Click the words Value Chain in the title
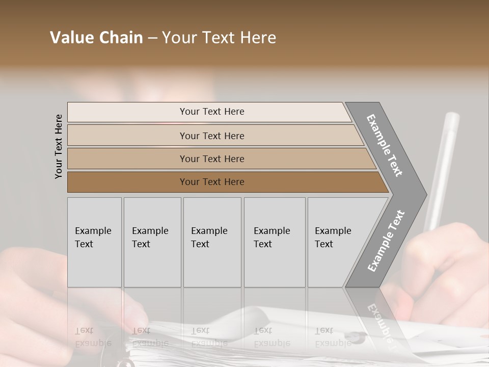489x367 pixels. pos(96,38)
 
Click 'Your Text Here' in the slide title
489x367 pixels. pos(219,38)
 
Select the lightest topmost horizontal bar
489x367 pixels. pos(127,112)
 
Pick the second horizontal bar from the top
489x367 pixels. pos(127,136)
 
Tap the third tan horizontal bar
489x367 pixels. pos(127,159)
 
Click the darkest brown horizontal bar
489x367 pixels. pos(127,182)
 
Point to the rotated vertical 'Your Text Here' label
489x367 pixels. pos(59,147)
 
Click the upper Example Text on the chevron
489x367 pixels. pos(385,145)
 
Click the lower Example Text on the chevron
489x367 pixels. pos(386,241)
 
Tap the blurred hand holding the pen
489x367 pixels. pos(448,265)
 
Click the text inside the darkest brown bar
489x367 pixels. pos(212,182)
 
